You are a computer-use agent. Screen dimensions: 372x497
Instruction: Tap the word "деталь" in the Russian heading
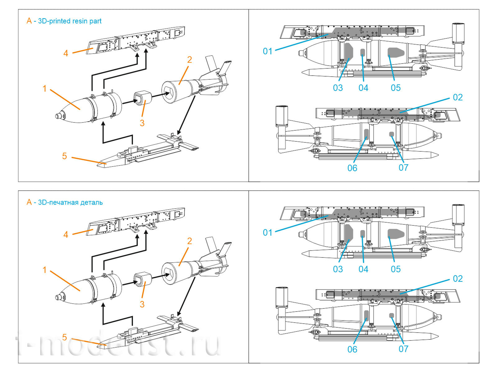(91, 202)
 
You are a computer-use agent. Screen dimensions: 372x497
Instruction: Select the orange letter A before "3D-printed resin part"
(29, 21)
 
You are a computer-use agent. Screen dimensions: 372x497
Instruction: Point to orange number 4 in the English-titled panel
(66, 53)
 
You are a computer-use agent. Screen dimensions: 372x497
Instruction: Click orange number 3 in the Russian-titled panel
(142, 304)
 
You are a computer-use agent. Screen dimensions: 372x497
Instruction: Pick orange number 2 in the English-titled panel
(189, 60)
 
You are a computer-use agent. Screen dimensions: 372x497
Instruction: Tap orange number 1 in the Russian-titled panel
(44, 270)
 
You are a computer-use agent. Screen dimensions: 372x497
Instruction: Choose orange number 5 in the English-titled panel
(64, 156)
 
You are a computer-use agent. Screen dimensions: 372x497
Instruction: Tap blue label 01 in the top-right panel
(267, 51)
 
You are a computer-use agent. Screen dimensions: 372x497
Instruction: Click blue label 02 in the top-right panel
(458, 97)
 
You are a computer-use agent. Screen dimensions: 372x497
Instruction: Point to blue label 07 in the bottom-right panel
(403, 349)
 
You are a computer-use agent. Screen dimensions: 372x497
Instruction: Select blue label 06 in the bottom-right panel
(352, 349)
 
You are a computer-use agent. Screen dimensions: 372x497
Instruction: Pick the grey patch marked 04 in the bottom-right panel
(362, 233)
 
